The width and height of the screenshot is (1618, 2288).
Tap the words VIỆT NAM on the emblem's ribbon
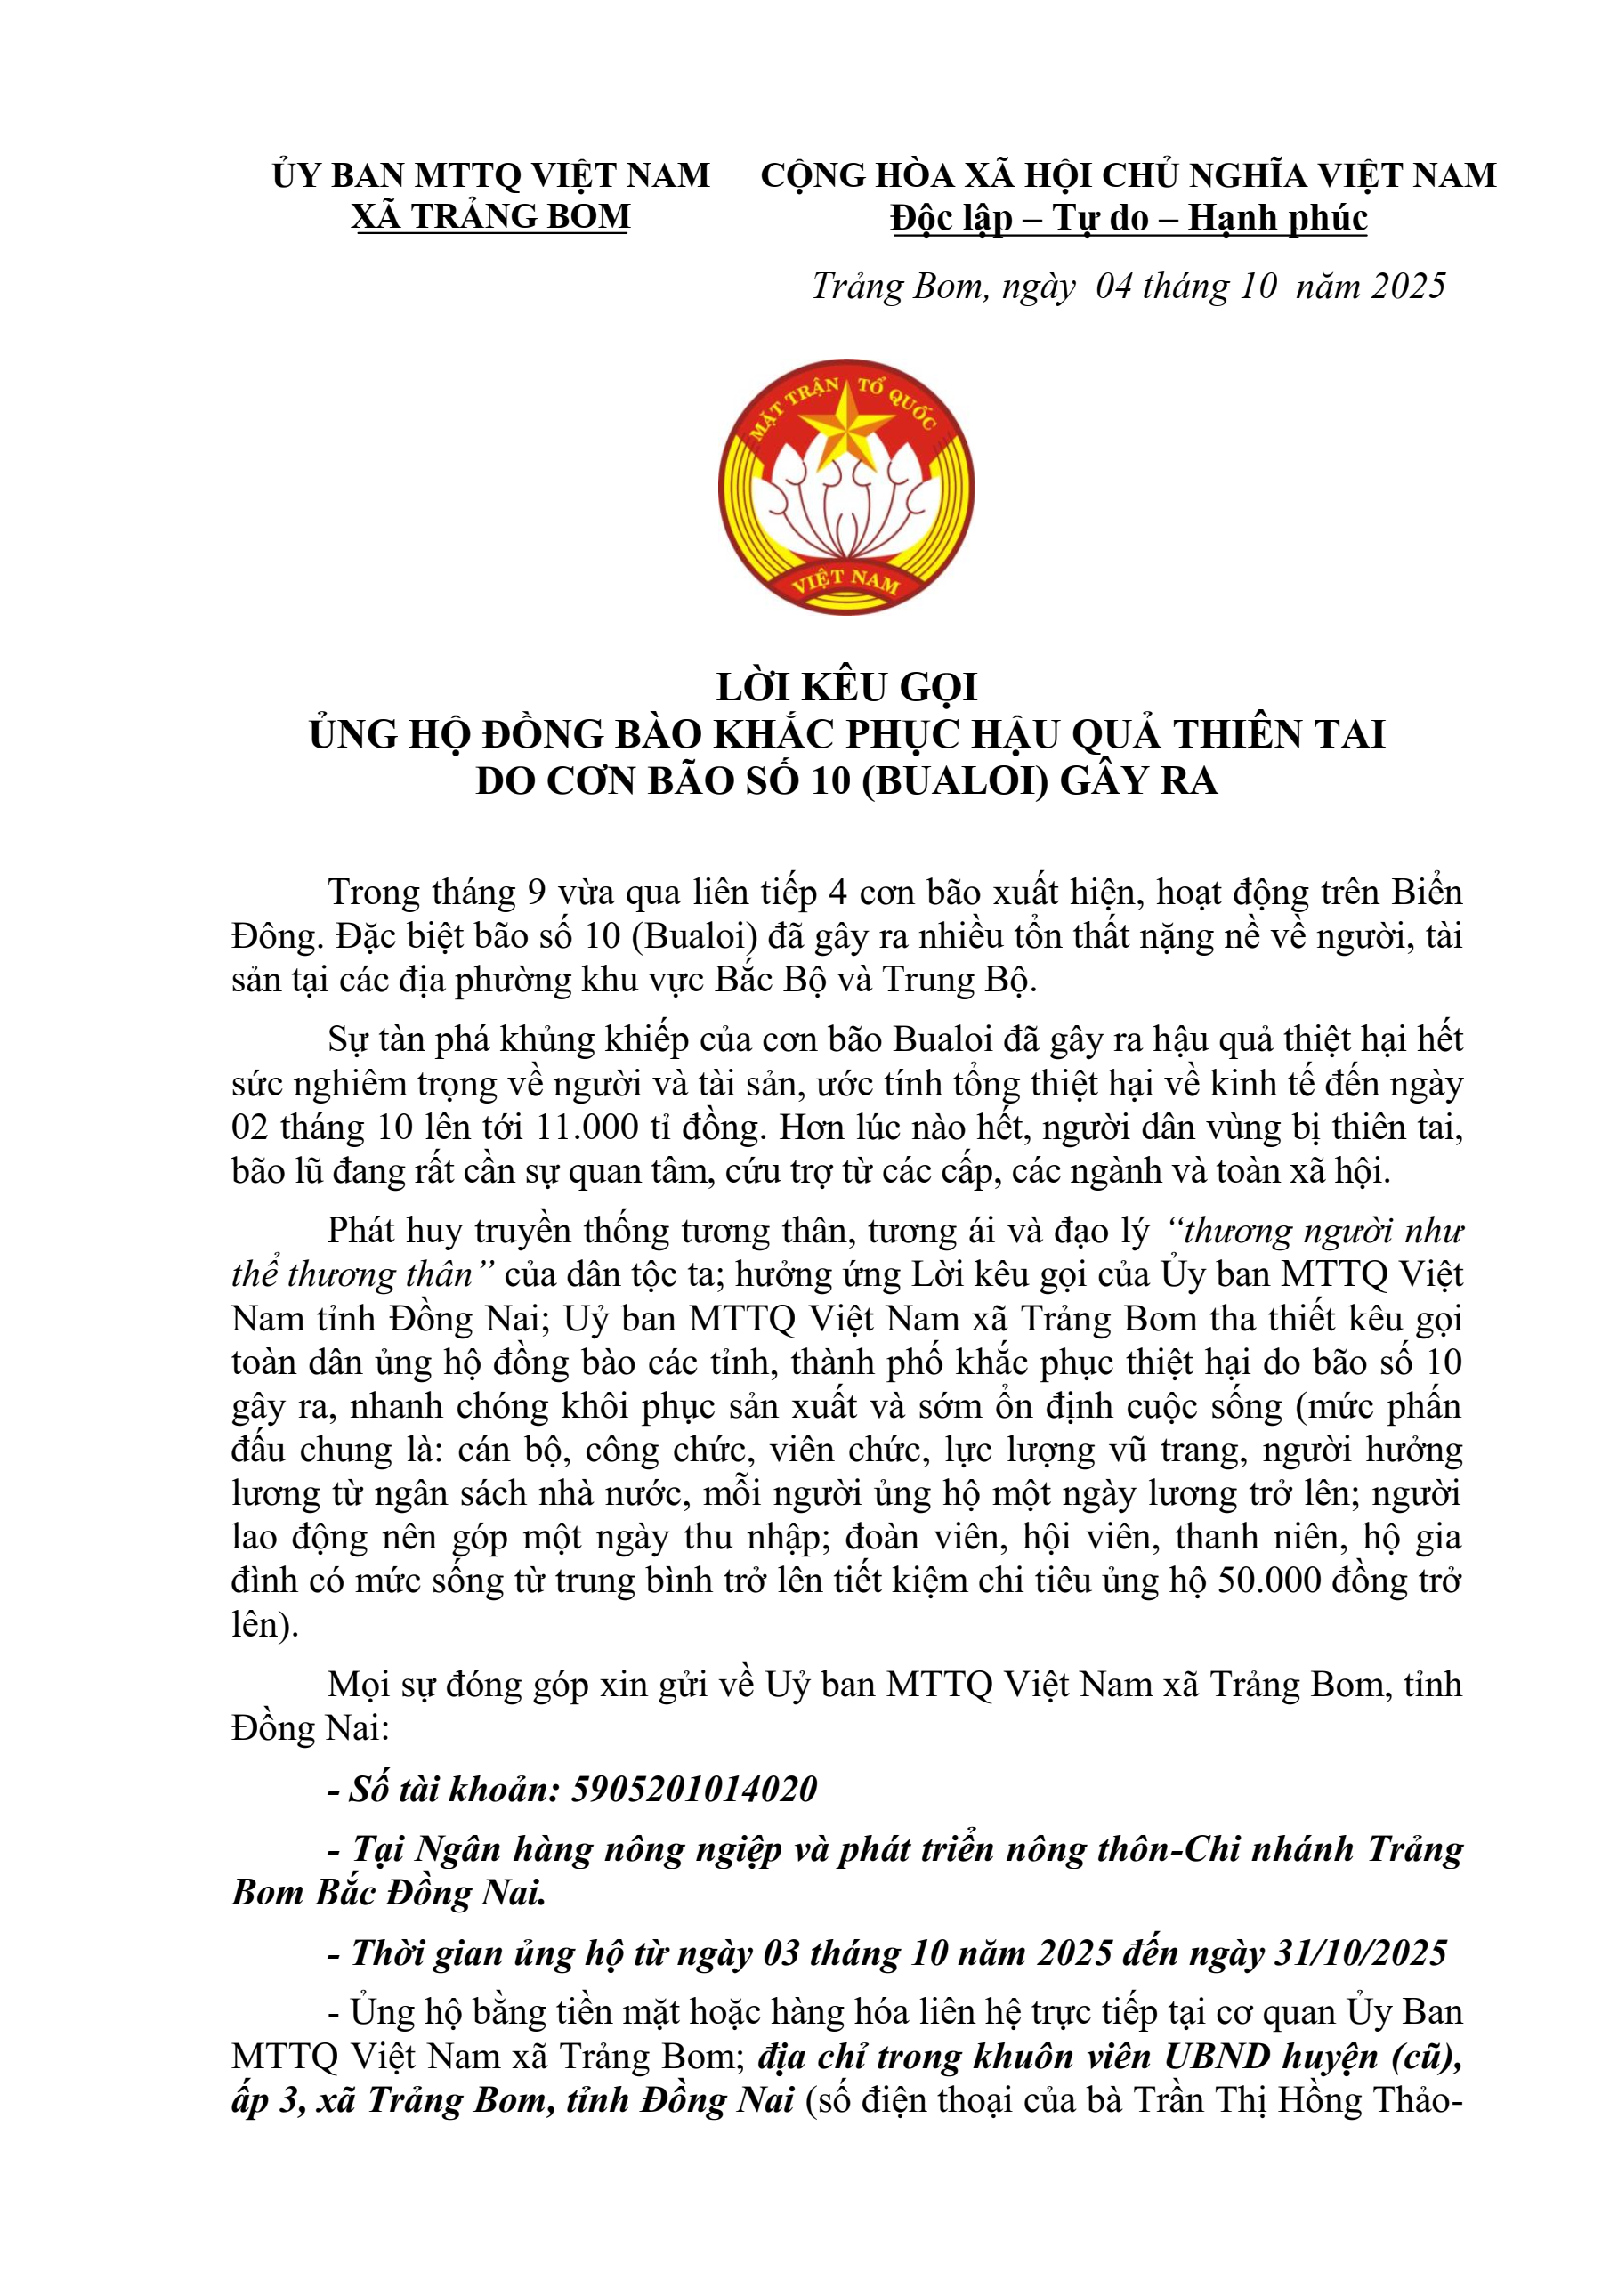point(845,580)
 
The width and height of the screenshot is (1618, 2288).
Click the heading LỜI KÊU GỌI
point(847,688)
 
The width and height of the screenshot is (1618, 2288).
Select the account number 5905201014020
point(694,1790)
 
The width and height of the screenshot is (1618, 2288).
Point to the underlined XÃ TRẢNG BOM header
point(491,216)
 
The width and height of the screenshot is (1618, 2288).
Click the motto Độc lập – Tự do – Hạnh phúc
point(1129,217)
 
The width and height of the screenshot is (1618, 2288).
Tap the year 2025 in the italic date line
point(1408,286)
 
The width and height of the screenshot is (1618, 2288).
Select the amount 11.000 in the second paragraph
point(587,1127)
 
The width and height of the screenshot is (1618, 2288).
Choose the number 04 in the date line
point(1114,286)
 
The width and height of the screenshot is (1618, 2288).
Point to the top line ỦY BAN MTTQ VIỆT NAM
point(491,175)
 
